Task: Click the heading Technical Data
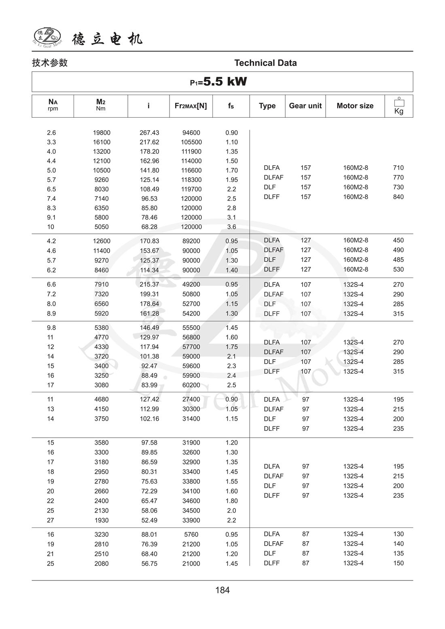click(x=265, y=63)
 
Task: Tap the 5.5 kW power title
click(x=219, y=82)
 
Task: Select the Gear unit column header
click(x=305, y=106)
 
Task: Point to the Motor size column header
click(x=355, y=106)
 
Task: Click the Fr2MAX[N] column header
click(x=191, y=106)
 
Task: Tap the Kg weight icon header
click(x=398, y=106)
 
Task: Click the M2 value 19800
click(x=102, y=133)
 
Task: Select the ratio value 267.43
click(x=149, y=133)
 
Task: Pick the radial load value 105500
click(x=191, y=142)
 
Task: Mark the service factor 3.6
click(x=231, y=227)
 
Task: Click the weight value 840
click(x=398, y=197)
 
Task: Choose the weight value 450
click(x=398, y=240)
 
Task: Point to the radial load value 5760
click(x=191, y=534)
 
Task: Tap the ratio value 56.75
click(x=149, y=563)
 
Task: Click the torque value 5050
click(x=102, y=227)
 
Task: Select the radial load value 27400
click(x=191, y=399)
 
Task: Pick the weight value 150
click(x=398, y=563)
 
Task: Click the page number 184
click(x=222, y=590)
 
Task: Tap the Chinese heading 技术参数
click(x=50, y=63)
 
